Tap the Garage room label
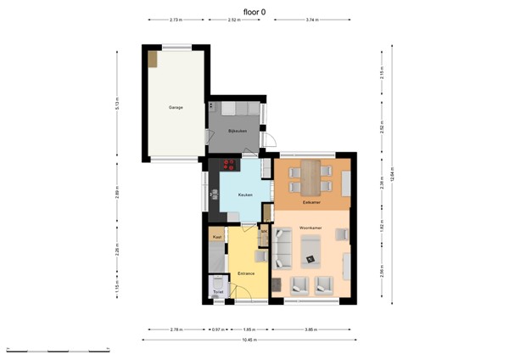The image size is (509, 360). click(x=176, y=107)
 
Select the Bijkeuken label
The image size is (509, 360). click(x=238, y=131)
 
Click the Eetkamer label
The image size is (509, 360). click(x=310, y=202)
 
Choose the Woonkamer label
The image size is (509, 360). click(x=309, y=228)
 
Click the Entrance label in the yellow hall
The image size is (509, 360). click(x=247, y=273)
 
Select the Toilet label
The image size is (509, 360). click(x=218, y=290)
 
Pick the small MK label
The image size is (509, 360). click(x=264, y=231)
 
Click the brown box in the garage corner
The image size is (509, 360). click(x=153, y=59)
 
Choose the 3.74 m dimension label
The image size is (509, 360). click(x=310, y=19)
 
